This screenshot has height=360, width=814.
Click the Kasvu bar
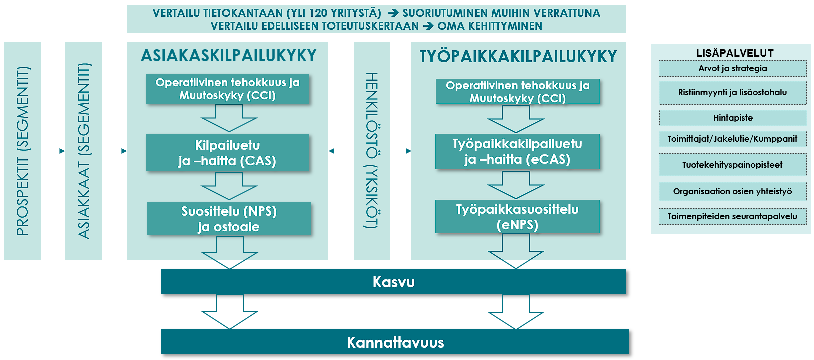coord(393,282)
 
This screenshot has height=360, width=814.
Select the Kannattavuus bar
coord(395,342)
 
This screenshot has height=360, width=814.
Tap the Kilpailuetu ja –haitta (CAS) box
coord(227,153)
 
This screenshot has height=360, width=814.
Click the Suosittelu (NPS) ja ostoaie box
coord(229,219)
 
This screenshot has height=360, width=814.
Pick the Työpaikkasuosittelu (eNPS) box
coord(517,217)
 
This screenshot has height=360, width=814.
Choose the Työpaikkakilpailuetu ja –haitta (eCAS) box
coord(517,152)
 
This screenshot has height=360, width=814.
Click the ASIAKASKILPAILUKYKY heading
coord(229,55)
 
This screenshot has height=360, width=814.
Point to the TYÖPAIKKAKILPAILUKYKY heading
coord(518,57)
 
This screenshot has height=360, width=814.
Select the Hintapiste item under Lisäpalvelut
coord(733,118)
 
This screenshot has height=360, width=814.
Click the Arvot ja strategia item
coord(733,68)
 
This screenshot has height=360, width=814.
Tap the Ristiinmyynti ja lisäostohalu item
coord(733,92)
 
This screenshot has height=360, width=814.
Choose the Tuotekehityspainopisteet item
coord(733,165)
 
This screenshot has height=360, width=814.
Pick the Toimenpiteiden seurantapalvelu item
coord(733,216)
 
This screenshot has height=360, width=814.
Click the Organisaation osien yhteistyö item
coord(733,191)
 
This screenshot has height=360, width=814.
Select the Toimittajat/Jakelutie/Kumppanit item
coord(733,139)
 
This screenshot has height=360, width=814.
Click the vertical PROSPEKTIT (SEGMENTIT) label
coord(22,151)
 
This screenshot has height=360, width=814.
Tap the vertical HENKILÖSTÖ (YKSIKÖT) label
coord(372,151)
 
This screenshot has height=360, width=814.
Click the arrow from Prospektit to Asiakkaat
coord(53,151)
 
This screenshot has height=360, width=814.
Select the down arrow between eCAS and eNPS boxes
coord(516,185)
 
